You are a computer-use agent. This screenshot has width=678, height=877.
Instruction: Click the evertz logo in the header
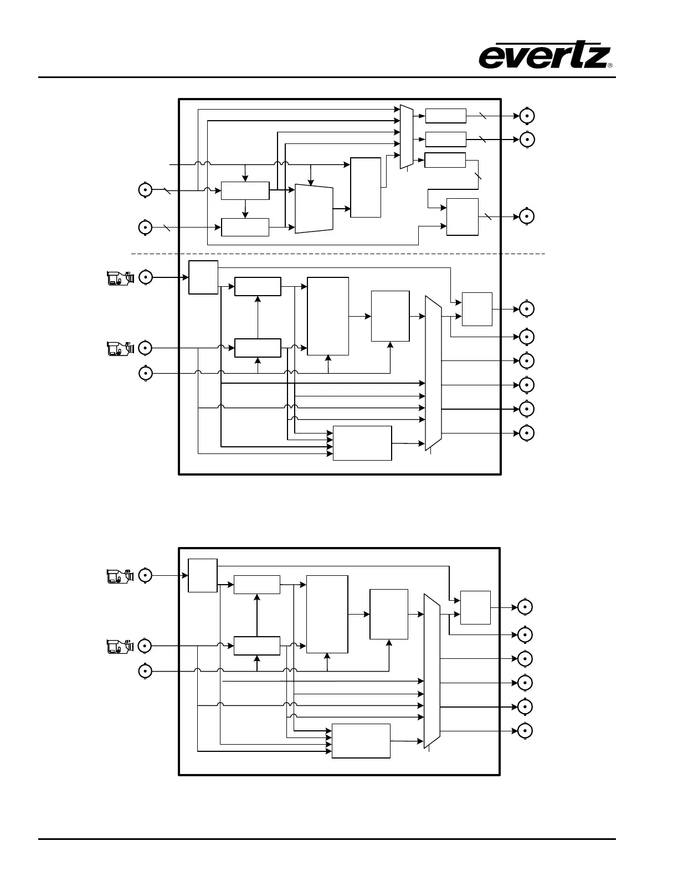[545, 57]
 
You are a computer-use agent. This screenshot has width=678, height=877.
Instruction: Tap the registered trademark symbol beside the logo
[610, 65]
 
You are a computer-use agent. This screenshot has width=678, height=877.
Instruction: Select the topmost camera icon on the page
[120, 277]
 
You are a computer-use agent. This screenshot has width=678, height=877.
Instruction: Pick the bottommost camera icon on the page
[120, 646]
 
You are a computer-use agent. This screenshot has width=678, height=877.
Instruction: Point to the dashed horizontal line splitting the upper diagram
[338, 254]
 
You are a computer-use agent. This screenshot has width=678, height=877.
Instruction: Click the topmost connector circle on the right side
[526, 116]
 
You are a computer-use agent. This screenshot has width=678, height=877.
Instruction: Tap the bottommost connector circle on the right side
[525, 731]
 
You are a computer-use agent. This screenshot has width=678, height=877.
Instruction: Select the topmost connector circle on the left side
[145, 190]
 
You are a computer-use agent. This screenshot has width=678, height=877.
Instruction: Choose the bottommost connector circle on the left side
[145, 671]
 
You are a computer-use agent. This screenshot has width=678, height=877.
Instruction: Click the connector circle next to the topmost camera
[145, 277]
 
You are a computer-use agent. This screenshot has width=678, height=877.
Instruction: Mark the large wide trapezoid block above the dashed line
[314, 209]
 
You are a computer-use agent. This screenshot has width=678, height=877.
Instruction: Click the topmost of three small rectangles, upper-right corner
[445, 116]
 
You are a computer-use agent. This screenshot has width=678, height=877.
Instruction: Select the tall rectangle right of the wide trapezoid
[366, 188]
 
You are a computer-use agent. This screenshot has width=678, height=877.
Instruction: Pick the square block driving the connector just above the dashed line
[463, 216]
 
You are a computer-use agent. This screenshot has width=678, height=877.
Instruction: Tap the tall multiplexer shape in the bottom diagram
[432, 670]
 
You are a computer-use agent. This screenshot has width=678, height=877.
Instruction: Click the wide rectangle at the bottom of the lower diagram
[361, 741]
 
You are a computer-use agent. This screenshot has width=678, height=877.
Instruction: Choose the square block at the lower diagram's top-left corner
[203, 575]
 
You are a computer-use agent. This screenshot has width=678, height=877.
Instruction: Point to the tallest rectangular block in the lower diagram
[327, 614]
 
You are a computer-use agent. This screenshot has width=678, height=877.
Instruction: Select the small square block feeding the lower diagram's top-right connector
[475, 607]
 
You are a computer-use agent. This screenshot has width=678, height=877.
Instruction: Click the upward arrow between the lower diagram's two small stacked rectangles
[257, 615]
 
